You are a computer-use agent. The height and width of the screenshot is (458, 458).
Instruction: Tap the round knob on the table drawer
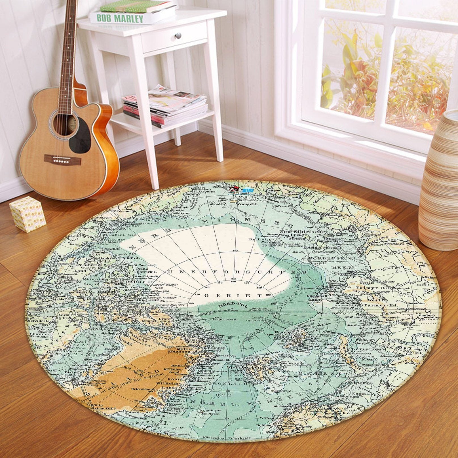[178, 35]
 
